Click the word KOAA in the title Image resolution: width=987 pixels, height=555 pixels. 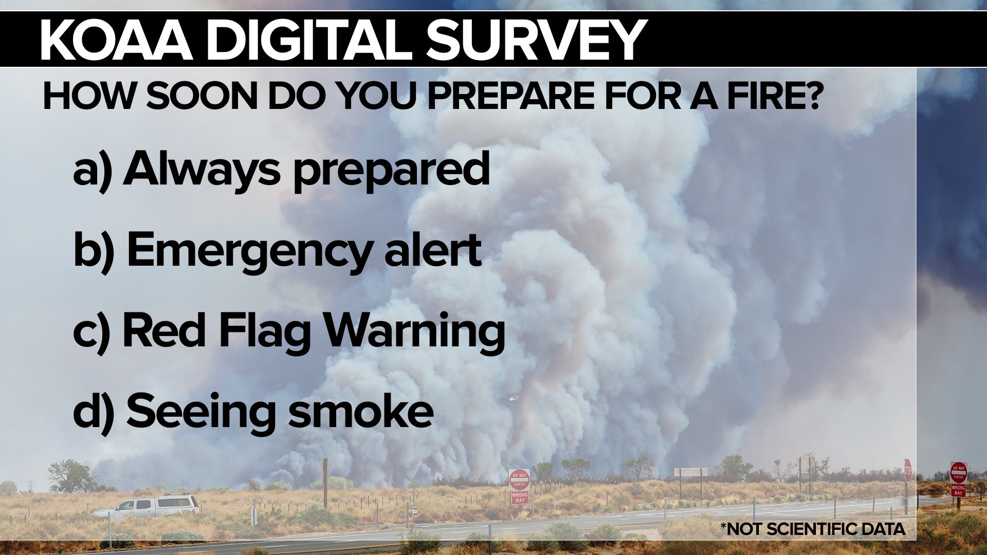click(x=116, y=41)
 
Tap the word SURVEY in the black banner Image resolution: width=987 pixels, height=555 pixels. click(x=536, y=41)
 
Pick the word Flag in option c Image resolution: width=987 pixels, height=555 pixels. click(x=265, y=332)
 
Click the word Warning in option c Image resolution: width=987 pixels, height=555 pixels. click(x=414, y=332)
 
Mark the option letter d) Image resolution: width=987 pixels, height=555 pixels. click(x=94, y=413)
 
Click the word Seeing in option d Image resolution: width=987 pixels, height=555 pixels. click(x=201, y=413)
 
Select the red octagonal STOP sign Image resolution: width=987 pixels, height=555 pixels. click(x=908, y=470)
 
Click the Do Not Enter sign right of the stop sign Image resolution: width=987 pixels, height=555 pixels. click(x=958, y=472)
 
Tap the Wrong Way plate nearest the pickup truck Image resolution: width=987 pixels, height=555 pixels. click(x=519, y=497)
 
